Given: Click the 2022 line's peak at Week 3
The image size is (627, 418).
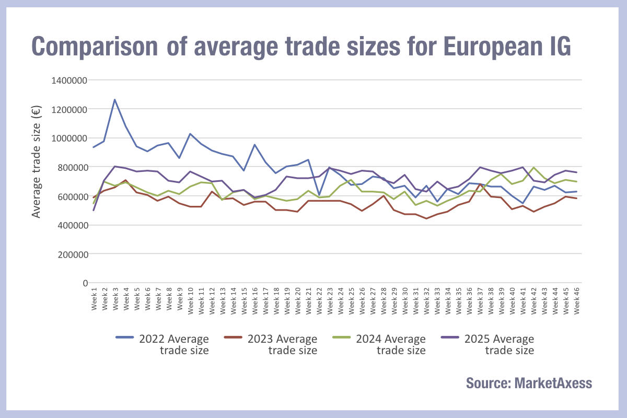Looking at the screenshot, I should tap(115, 100).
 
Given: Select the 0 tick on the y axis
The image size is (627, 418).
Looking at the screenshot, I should tap(84, 283).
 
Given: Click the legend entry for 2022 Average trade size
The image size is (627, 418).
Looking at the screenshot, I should tap(162, 344).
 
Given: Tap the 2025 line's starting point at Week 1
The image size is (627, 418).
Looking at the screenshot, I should tap(94, 210).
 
